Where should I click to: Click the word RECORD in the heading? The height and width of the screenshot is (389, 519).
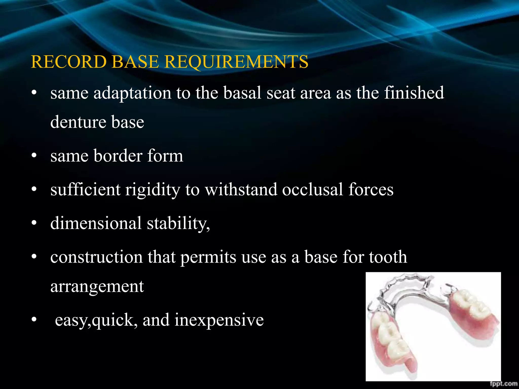coord(68,62)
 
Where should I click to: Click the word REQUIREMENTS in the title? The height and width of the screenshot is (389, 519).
coord(236,62)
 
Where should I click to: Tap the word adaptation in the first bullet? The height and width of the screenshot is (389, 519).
coord(132,93)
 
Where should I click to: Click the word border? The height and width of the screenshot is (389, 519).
coord(118,156)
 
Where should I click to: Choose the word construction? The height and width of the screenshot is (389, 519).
coord(96,257)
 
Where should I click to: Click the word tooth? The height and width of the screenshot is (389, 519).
coord(388,257)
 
